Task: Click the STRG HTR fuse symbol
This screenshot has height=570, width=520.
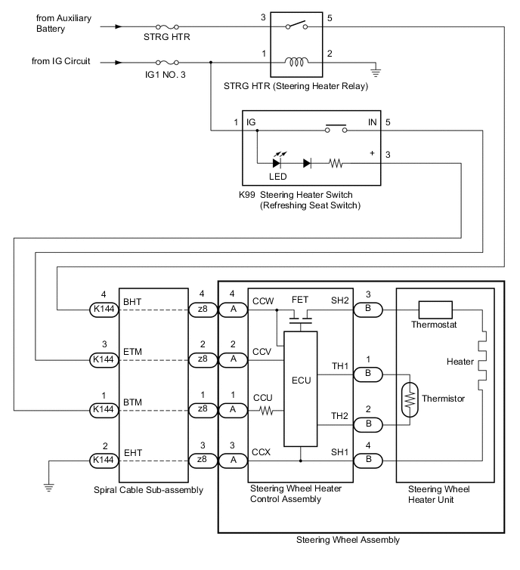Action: pos(166,26)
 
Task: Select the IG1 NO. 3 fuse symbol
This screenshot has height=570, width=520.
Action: pos(166,62)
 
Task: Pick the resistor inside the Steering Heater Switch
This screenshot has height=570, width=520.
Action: pos(335,162)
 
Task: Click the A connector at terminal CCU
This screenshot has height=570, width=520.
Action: pos(232,409)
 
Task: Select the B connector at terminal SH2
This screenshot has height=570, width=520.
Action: pos(368,309)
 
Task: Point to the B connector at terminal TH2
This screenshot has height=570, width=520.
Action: pos(368,424)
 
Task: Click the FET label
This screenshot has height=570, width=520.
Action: pos(300,300)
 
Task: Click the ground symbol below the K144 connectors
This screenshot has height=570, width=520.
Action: pos(49,487)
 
